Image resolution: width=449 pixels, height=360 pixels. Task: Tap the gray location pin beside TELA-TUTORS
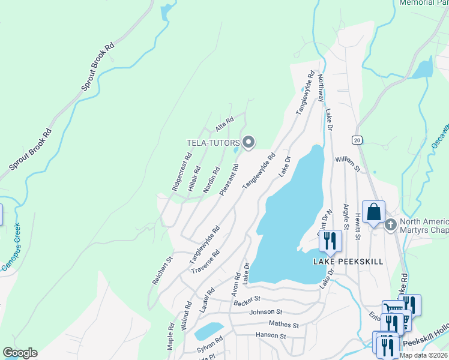click(249, 142)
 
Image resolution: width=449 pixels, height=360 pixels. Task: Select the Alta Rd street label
click(224, 125)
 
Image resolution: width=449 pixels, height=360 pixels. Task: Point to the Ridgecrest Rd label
click(181, 172)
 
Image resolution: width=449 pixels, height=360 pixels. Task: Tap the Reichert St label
click(162, 269)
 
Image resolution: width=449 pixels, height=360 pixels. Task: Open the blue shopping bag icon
click(373, 212)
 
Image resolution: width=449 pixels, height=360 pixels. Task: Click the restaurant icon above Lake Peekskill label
click(330, 241)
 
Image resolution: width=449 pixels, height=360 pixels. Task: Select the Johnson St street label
click(265, 312)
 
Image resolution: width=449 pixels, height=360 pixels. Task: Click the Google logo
click(20, 353)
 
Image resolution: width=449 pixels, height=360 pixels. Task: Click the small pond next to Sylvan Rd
click(208, 331)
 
